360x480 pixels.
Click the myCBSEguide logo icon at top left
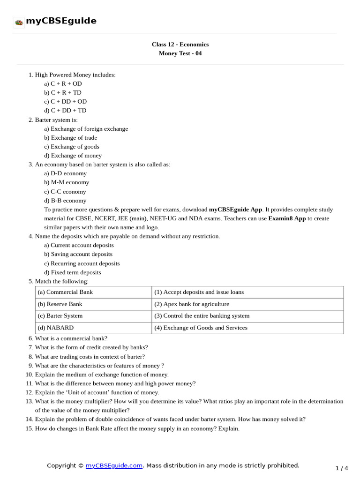coord(19,22)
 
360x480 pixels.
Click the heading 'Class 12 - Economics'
coord(180,45)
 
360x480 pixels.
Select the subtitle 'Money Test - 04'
coord(180,53)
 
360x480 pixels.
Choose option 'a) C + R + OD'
coord(63,83)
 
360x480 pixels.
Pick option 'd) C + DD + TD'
coord(65,111)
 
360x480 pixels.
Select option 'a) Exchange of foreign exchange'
coord(86,129)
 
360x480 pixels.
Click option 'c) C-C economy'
coord(65,192)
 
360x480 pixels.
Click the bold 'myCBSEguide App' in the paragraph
coord(236,210)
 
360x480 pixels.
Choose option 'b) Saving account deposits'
coord(78,254)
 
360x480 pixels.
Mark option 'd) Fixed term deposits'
coord(73,272)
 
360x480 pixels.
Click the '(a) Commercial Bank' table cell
coord(65,292)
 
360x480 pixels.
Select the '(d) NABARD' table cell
coord(56,328)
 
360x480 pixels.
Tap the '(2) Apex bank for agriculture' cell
coord(192,304)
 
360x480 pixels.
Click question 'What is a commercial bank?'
coord(71,338)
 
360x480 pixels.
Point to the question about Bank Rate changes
coord(137,429)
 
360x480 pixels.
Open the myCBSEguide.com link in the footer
coord(114,465)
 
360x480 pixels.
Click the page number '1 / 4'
coord(342,468)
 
